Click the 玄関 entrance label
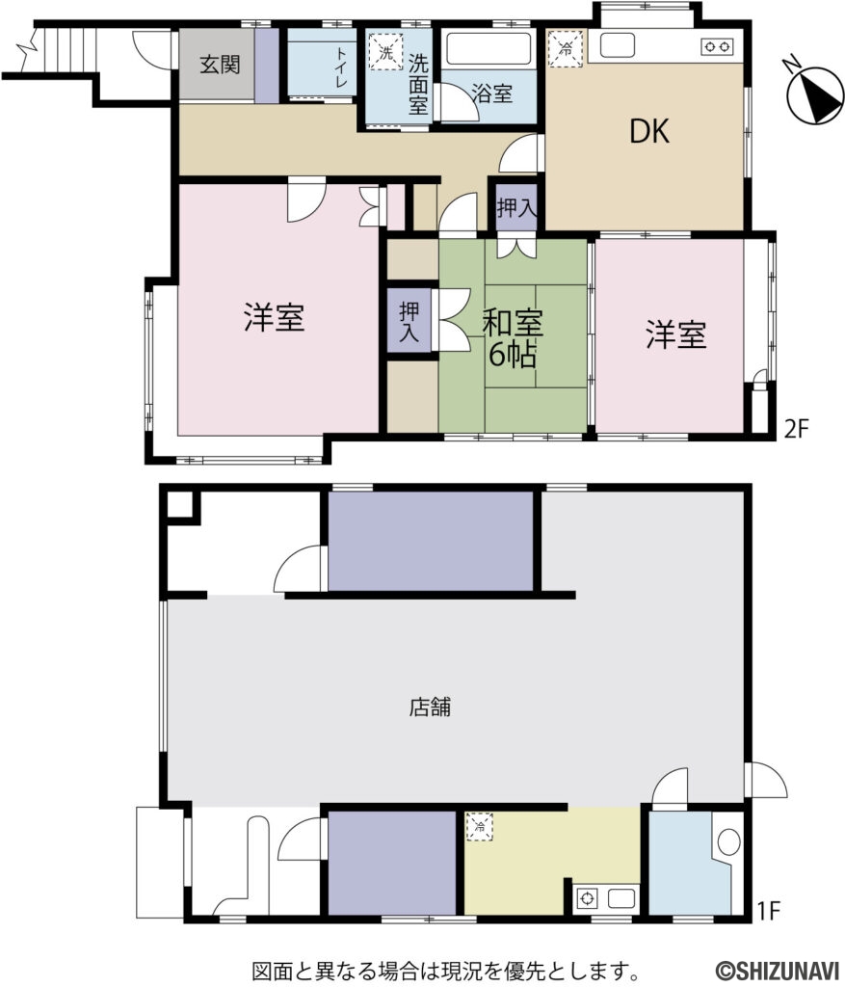pos(221,66)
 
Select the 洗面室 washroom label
pos(417,84)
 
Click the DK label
pos(649,132)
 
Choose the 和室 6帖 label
pos(514,336)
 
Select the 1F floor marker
pos(769,906)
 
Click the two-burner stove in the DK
pos(717,45)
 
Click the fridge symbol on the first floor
pos(480,826)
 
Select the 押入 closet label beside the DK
pos(512,207)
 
